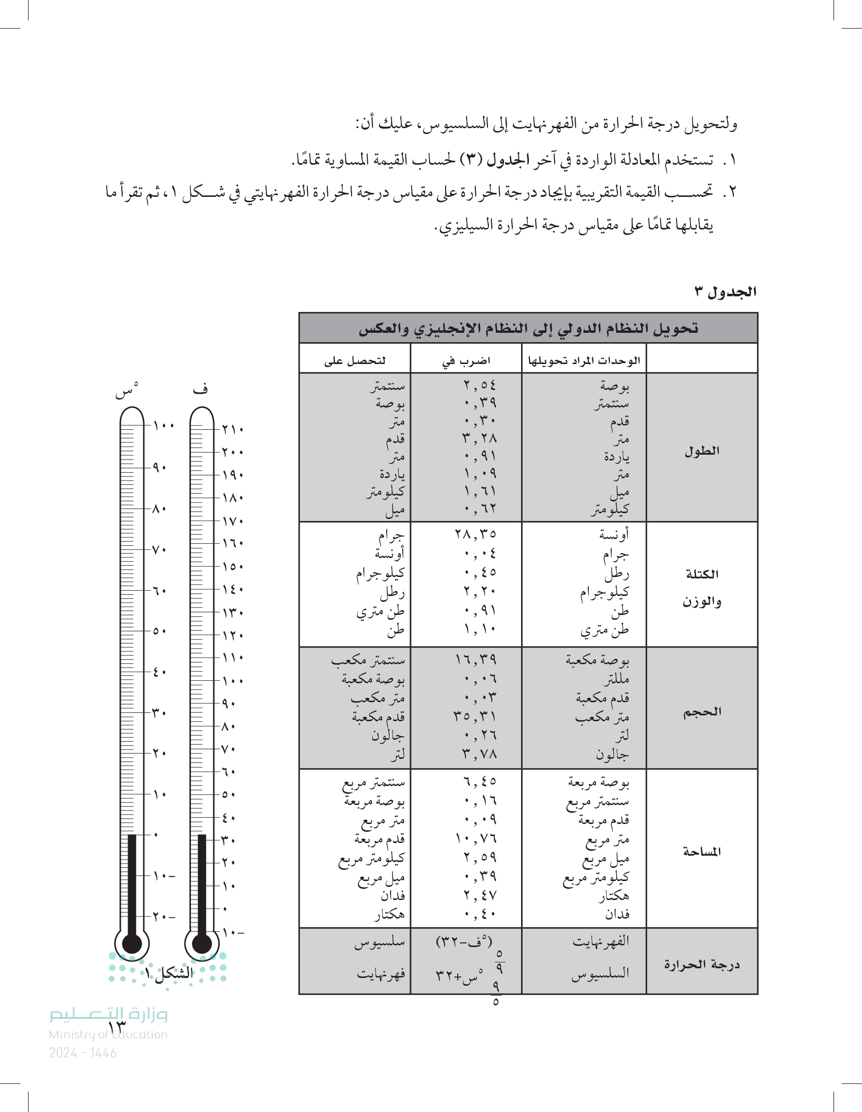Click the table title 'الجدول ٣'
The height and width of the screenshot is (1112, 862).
[725, 292]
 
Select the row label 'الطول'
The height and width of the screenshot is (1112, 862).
[702, 451]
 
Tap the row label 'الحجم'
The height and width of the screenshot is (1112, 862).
[702, 712]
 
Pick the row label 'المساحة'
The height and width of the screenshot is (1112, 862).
[702, 851]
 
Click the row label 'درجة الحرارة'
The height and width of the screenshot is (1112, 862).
[702, 964]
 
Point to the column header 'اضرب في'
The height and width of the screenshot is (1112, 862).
[466, 361]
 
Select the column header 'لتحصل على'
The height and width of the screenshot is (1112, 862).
[355, 361]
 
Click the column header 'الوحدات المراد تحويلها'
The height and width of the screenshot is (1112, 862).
[583, 361]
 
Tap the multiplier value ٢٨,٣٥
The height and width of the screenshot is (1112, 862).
[475, 534]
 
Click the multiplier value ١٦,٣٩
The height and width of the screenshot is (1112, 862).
[475, 660]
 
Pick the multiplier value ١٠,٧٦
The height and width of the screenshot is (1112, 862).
[475, 838]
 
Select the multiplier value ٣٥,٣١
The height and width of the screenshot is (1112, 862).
[475, 716]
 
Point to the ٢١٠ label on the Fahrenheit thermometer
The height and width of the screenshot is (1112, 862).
[233, 429]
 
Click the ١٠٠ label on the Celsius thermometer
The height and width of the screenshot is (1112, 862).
[164, 425]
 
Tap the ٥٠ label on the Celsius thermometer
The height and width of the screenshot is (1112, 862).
[159, 632]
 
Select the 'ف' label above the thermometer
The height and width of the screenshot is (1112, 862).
[200, 389]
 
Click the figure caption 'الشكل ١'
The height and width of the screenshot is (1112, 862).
[169, 974]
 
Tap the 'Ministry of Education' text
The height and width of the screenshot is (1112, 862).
[108, 1035]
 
